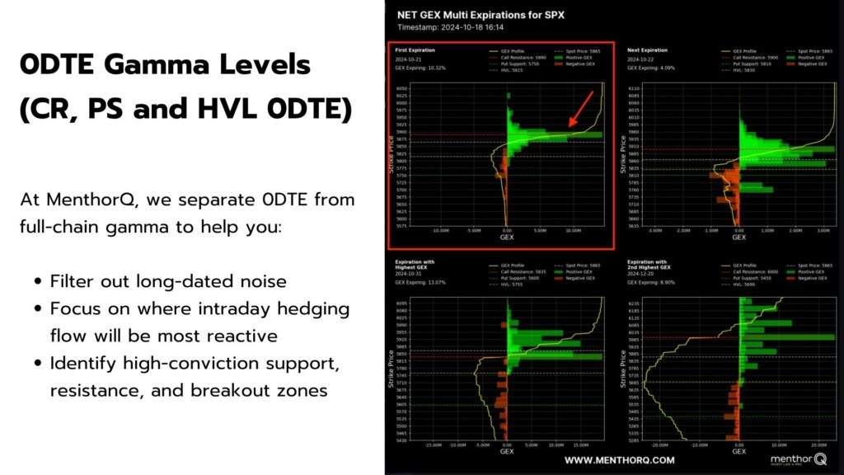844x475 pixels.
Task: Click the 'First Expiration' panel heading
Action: (413, 49)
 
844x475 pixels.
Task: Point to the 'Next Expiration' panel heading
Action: (646, 49)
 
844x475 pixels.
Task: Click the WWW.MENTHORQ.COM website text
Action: (619, 460)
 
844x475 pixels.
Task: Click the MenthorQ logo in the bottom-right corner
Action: (798, 459)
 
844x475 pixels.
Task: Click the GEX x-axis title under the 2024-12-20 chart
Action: (738, 452)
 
